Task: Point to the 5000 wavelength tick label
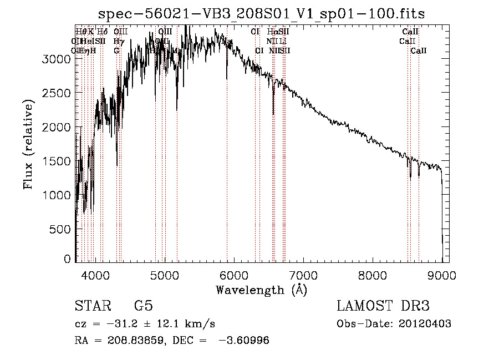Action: point(165,275)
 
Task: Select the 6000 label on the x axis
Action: point(235,275)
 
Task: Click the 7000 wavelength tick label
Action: point(304,275)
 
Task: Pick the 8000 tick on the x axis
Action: point(373,275)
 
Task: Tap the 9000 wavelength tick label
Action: point(442,275)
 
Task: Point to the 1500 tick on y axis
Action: point(56,161)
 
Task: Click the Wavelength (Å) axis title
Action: point(261,289)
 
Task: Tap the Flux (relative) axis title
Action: point(28,143)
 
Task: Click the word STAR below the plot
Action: point(92,307)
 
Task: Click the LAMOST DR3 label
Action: point(383,307)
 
